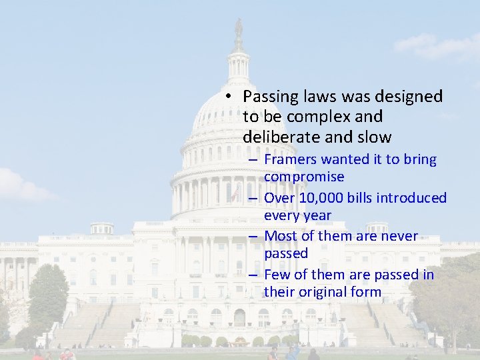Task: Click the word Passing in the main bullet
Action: click(269, 97)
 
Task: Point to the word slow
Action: click(374, 137)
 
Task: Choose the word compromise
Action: click(304, 177)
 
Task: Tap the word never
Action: click(399, 236)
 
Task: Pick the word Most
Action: click(279, 236)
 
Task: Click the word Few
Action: click(276, 275)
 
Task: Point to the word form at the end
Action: click(366, 292)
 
